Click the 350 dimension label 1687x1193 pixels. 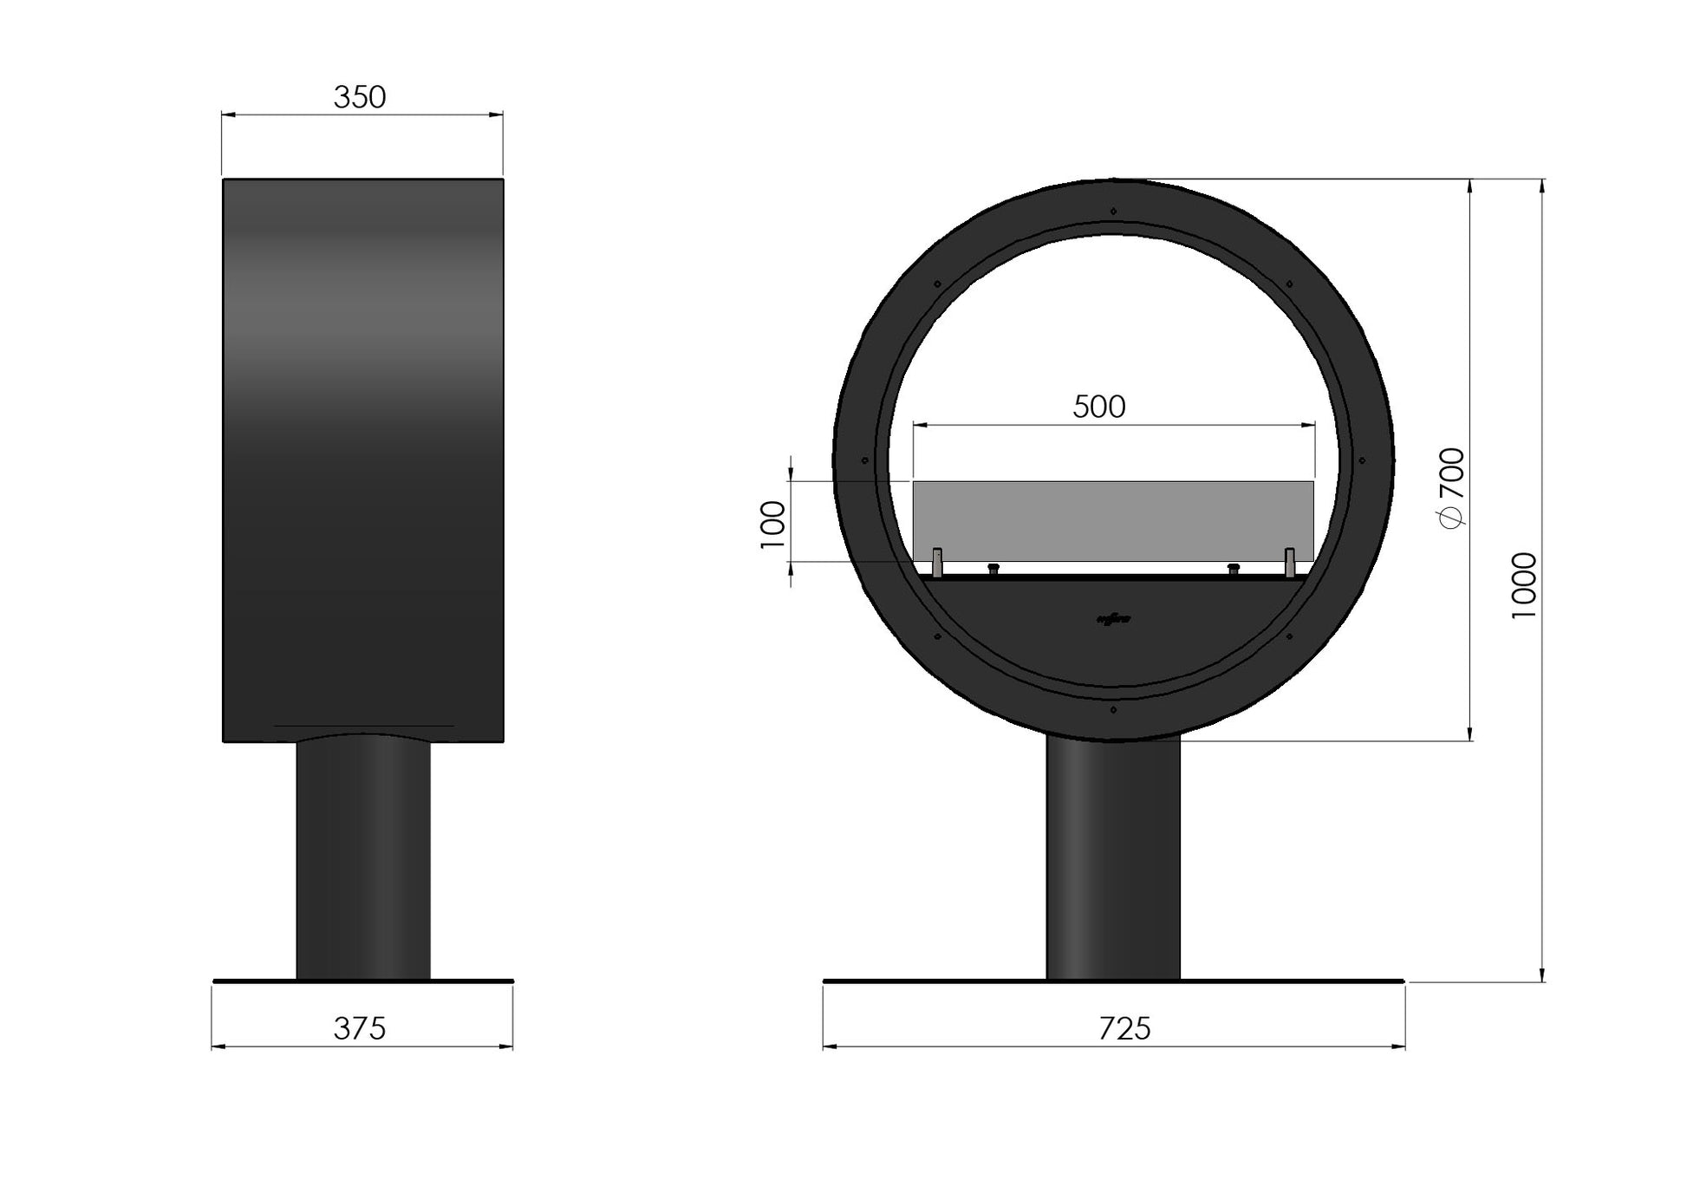pos(359,97)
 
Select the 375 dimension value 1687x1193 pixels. pos(359,1029)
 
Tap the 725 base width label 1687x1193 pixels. pos(1124,1029)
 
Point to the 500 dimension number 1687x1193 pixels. pos(1098,407)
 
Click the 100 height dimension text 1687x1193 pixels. pos(772,525)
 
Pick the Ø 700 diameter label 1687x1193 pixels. pos(1452,486)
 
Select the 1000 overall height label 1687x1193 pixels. pos(1524,585)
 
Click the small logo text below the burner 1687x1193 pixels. pos(1113,619)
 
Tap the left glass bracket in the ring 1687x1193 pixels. pos(937,561)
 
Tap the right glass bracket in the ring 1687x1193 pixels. pos(1290,561)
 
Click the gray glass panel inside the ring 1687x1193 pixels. pos(1113,520)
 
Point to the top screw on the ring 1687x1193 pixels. pos(1113,210)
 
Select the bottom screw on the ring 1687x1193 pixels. pos(1113,710)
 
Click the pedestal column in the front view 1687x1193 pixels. pos(1113,858)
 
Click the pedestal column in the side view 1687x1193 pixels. pos(363,858)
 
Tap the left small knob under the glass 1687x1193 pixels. pos(993,568)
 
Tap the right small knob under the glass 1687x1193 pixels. pos(1234,568)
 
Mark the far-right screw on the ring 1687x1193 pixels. pos(1362,460)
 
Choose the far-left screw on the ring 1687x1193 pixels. pos(864,460)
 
